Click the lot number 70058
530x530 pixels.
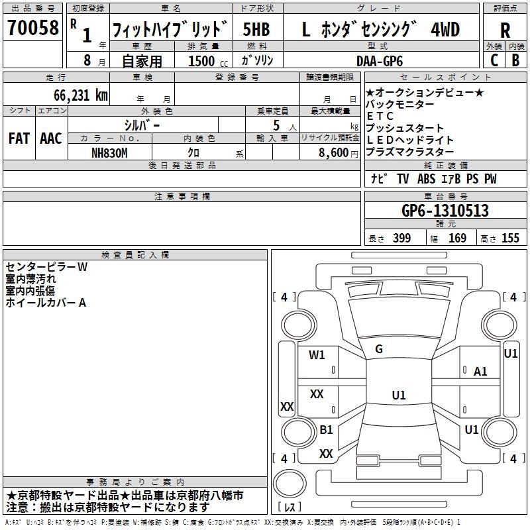[x=32, y=28]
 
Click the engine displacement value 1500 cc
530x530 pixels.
[x=203, y=61]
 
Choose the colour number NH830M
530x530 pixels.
[x=111, y=152]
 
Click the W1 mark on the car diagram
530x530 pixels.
[x=317, y=354]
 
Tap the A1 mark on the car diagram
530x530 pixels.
[x=480, y=372]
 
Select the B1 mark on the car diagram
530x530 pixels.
[x=326, y=429]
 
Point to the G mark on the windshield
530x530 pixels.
[x=379, y=348]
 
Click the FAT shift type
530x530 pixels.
[x=19, y=138]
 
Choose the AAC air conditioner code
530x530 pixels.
[x=50, y=138]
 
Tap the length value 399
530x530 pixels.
[x=401, y=238]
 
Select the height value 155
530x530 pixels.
[x=510, y=238]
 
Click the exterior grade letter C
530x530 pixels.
[x=494, y=60]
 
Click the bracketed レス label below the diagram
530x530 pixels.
[x=289, y=507]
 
